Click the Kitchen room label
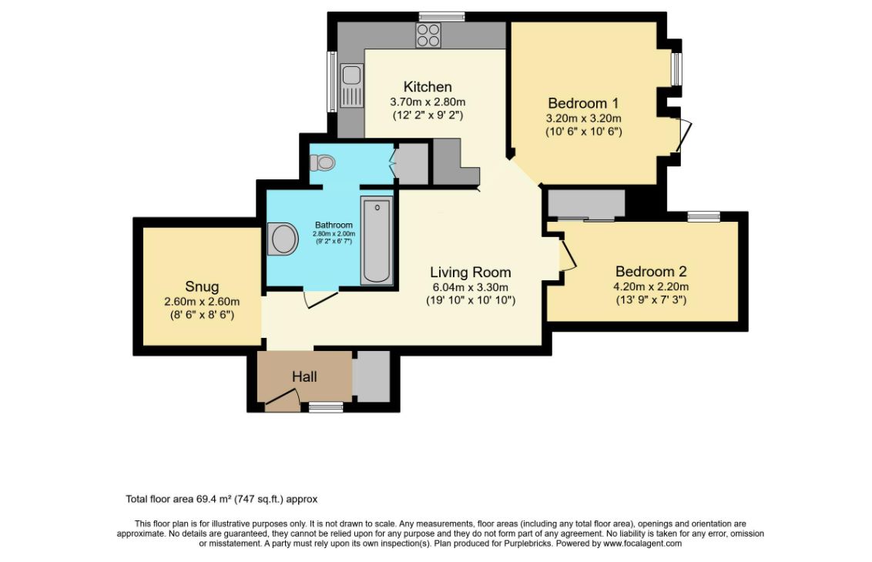pyautogui.click(x=427, y=87)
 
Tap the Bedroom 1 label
pyautogui.click(x=582, y=103)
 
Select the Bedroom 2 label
pyautogui.click(x=650, y=272)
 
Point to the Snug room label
pyautogui.click(x=201, y=287)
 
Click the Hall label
pyautogui.click(x=304, y=376)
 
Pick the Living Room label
pyautogui.click(x=470, y=273)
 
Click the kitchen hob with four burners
pyautogui.click(x=428, y=35)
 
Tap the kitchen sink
pyautogui.click(x=351, y=75)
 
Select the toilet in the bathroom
pyautogui.click(x=323, y=162)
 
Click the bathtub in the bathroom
pyautogui.click(x=377, y=239)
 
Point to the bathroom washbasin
pyautogui.click(x=283, y=239)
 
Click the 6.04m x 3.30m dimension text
pyautogui.click(x=471, y=287)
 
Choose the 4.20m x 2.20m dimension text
pyautogui.click(x=651, y=286)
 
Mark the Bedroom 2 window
pyautogui.click(x=703, y=216)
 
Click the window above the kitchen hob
pyautogui.click(x=441, y=16)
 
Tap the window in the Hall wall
pyautogui.click(x=326, y=406)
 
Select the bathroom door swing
pyautogui.click(x=320, y=299)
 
